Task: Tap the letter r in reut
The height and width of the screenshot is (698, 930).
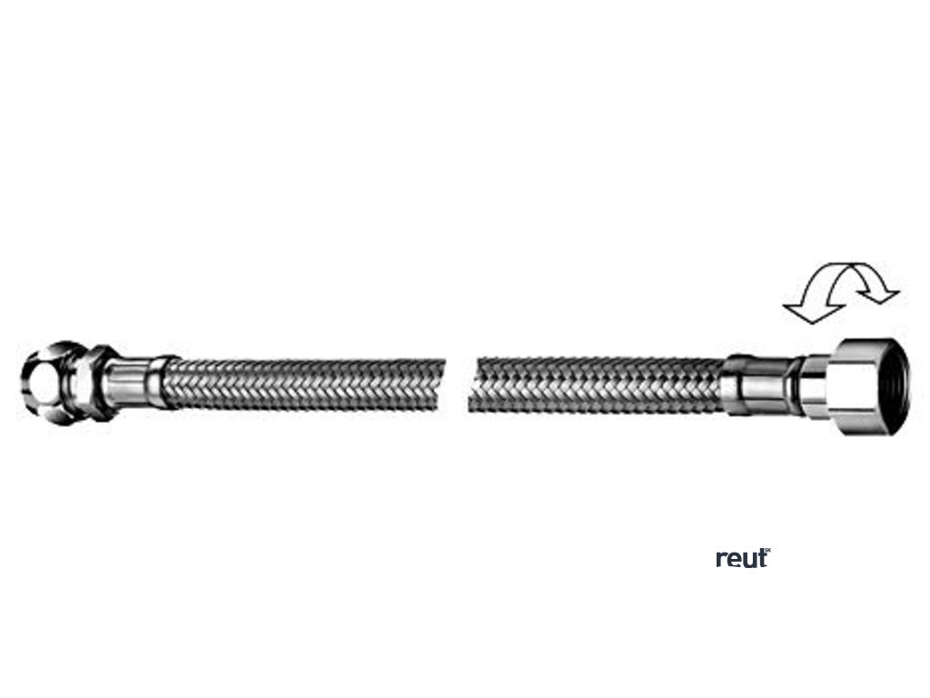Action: (x=721, y=560)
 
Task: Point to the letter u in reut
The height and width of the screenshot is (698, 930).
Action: (x=748, y=561)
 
